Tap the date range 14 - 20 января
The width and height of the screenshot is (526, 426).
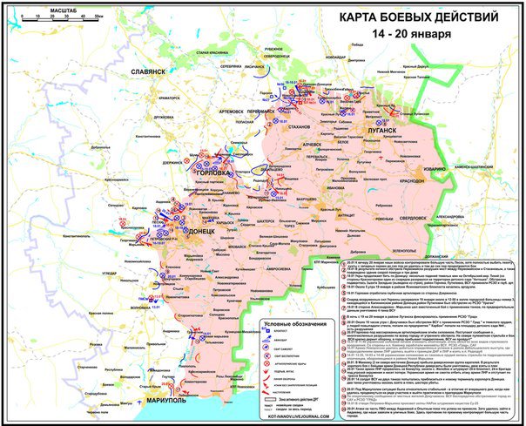pyautogui.click(x=412, y=34)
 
